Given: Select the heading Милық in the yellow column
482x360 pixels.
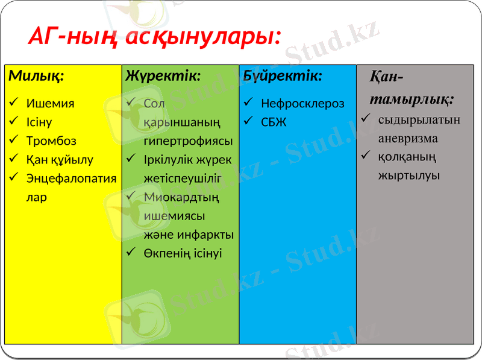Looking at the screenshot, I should pyautogui.click(x=37, y=77).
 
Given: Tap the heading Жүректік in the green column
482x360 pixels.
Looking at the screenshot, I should pyautogui.click(x=163, y=76).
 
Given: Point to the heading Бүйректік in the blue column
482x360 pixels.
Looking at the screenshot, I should pyautogui.click(x=283, y=76).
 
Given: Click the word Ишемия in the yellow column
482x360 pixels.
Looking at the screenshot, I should pyautogui.click(x=50, y=103).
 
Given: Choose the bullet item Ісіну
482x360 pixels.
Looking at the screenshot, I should pyautogui.click(x=39, y=122).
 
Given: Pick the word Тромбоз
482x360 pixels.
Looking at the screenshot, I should pyautogui.click(x=51, y=141).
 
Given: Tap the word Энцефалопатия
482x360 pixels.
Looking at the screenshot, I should pyautogui.click(x=71, y=178).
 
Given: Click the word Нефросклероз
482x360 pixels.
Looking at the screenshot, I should pyautogui.click(x=302, y=103).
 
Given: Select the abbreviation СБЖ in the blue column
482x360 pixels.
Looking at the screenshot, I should pyautogui.click(x=274, y=122).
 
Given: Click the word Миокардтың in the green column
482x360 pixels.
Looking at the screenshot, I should pyautogui.click(x=181, y=197).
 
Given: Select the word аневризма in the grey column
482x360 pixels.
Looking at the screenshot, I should pyautogui.click(x=408, y=138).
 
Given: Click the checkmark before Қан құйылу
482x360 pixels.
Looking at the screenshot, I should pyautogui.click(x=14, y=160).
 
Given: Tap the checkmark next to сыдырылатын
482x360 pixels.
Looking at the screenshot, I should pyautogui.click(x=365, y=119).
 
